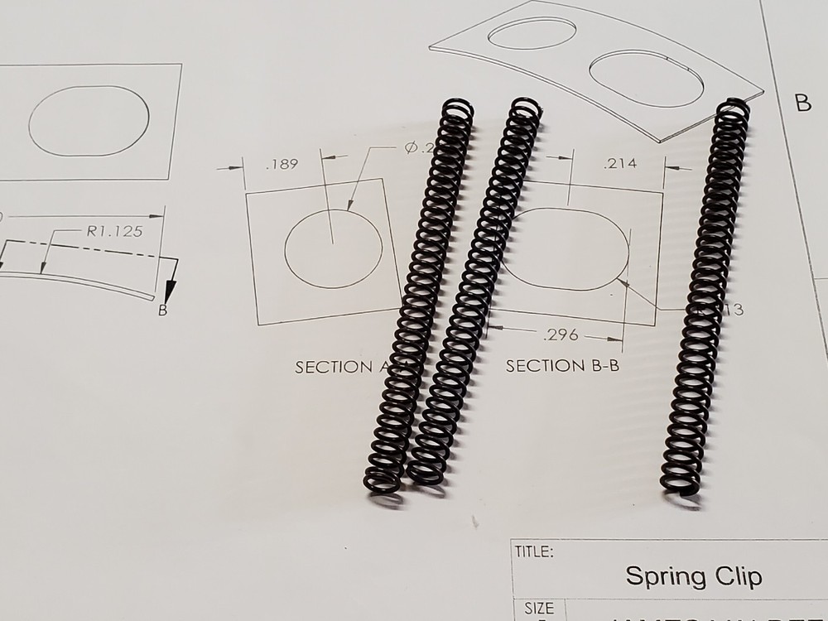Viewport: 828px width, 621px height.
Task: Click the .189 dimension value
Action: (282, 165)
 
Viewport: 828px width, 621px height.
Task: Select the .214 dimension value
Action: (621, 163)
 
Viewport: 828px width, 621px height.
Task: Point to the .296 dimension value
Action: (561, 335)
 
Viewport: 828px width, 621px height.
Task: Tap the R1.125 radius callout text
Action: (112, 232)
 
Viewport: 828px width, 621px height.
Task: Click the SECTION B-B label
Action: (562, 366)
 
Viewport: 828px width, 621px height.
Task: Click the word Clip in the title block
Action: (735, 575)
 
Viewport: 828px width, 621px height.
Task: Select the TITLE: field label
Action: (535, 552)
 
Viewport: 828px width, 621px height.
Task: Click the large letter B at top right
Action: (802, 103)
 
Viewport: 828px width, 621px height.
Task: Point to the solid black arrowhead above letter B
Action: (171, 290)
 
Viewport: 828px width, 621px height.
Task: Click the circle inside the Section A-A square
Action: (333, 248)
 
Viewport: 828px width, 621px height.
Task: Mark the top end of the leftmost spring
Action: (458, 108)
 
